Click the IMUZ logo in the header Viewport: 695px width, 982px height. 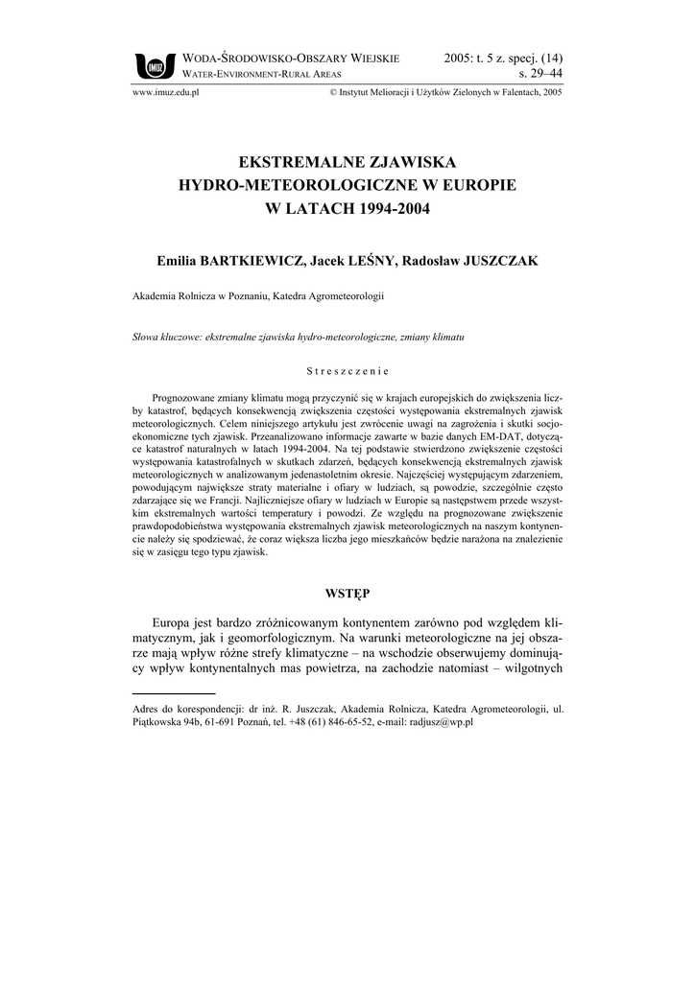153,65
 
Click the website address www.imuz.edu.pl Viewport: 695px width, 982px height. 164,94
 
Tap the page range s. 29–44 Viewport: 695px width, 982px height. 540,73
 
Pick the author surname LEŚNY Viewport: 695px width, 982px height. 391,261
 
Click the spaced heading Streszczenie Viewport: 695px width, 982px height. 347,370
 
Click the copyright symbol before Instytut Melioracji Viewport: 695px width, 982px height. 333,94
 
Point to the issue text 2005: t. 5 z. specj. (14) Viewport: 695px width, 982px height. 504,58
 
